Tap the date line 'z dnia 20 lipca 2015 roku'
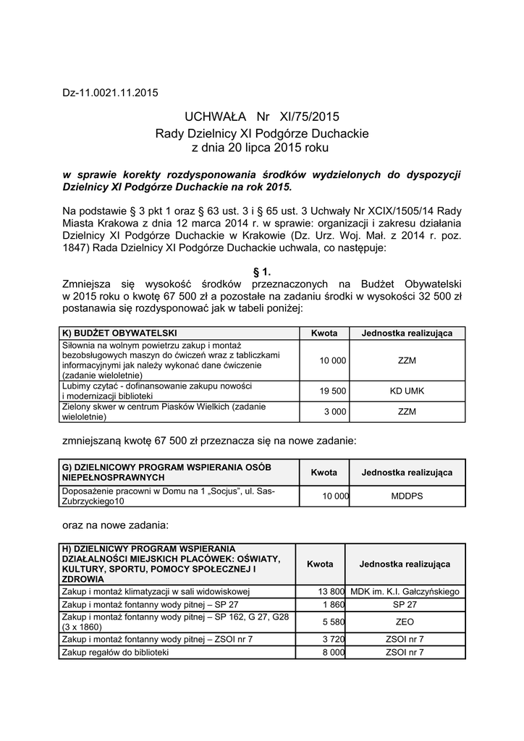[x=261, y=147]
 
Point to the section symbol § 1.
[x=261, y=271]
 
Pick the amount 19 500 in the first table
[x=333, y=391]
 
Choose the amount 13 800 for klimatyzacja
[x=331, y=592]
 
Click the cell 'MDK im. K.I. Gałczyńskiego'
[x=405, y=592]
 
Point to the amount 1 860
[x=333, y=604]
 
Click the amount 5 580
[x=333, y=622]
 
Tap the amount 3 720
[x=333, y=640]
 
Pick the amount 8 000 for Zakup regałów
[x=333, y=652]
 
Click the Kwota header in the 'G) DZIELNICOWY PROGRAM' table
[x=324, y=473]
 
